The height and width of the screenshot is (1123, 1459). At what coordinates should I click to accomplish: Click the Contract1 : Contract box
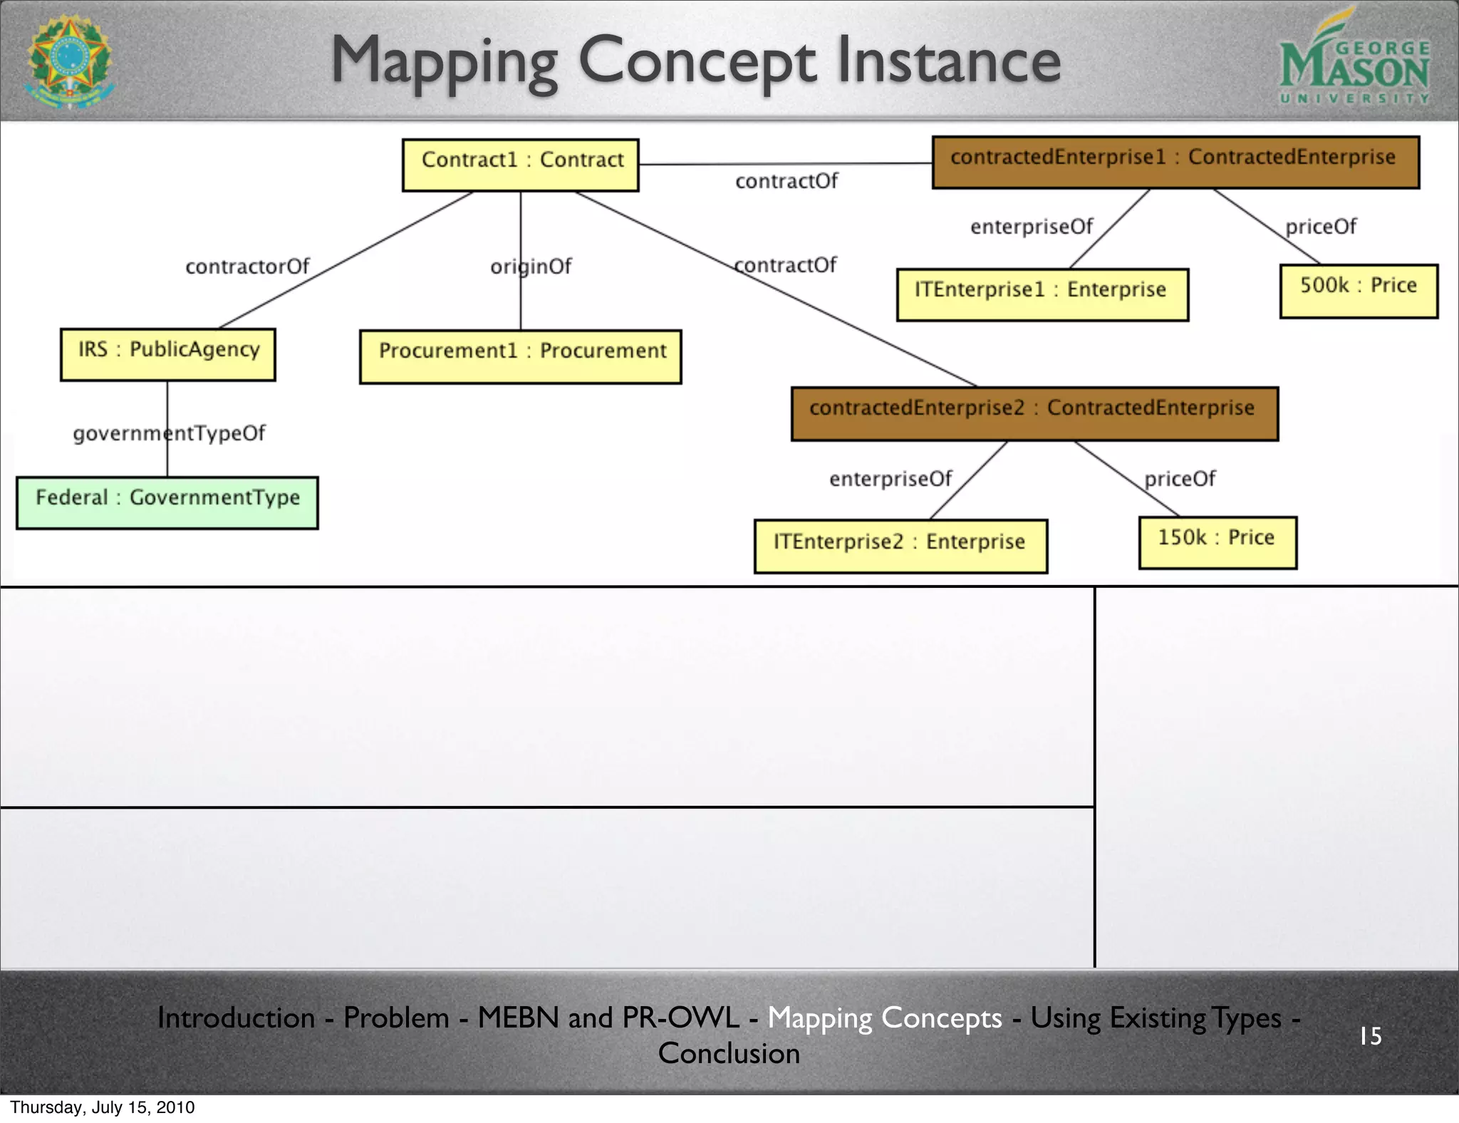pos(521,165)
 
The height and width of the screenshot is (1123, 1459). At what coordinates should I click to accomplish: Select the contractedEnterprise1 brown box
pos(1175,162)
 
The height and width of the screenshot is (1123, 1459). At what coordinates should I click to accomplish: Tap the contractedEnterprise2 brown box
pos(1034,413)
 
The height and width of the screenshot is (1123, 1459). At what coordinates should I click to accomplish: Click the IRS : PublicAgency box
pos(168,354)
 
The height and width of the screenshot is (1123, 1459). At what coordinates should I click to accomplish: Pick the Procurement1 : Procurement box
pos(521,356)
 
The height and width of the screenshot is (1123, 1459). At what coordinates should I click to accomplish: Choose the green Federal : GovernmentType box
pos(167,502)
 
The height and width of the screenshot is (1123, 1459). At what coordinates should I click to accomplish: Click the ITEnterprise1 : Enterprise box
pos(1042,294)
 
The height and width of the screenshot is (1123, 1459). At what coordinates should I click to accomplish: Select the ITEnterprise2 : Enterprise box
pos(900,546)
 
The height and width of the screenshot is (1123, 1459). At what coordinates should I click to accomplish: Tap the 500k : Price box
pos(1359,291)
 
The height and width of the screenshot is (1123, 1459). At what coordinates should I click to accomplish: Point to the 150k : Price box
pos(1217,542)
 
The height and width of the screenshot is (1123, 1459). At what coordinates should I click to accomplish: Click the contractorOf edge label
pos(247,266)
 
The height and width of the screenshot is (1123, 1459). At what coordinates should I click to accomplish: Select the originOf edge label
pos(531,266)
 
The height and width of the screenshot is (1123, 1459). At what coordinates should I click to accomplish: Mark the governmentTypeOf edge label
pos(169,433)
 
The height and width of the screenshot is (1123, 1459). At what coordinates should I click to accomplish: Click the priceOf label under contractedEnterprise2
pos(1180,478)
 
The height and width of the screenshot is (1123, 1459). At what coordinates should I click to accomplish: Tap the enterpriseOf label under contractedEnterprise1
pos(1032,227)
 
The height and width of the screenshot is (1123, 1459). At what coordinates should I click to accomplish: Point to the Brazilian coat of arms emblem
pos(70,61)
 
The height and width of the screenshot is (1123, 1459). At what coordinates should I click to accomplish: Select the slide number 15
pos(1370,1035)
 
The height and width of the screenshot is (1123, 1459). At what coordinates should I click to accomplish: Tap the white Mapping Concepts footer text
pos(884,1018)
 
